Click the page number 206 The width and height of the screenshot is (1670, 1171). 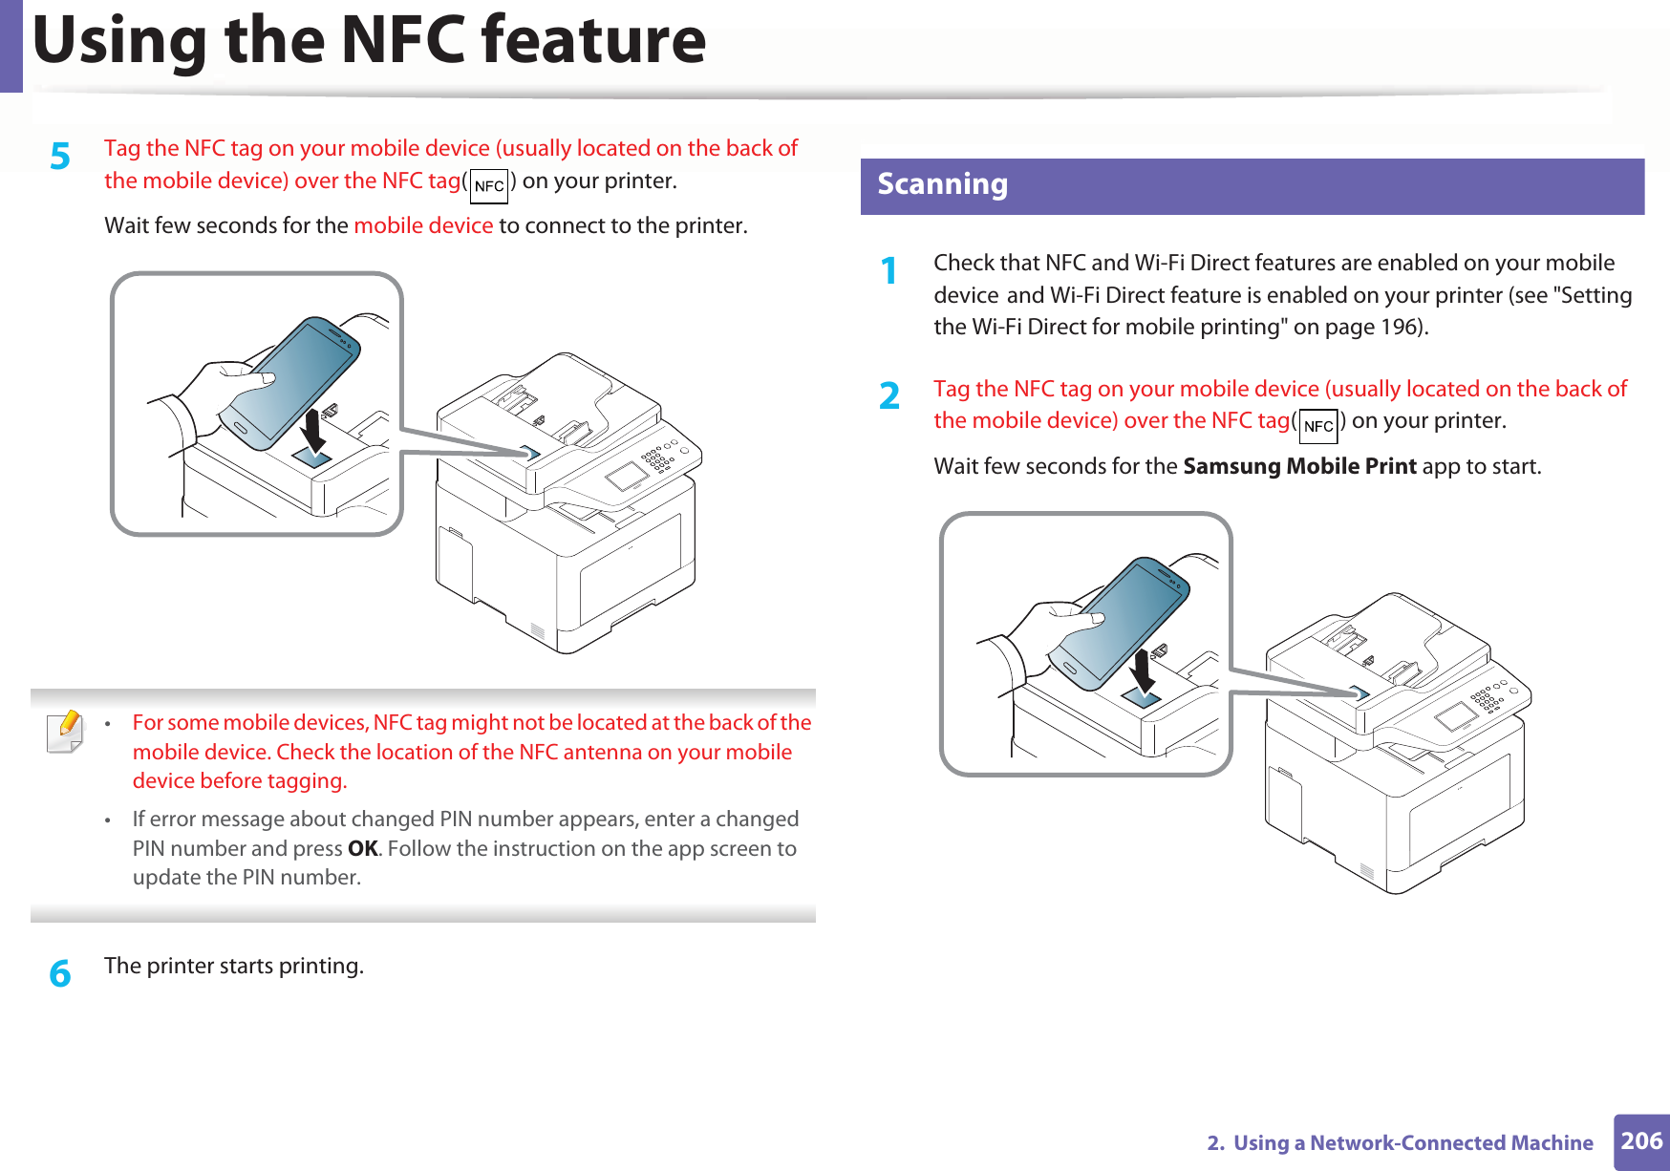tap(1641, 1140)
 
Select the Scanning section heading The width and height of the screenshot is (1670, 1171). tap(942, 184)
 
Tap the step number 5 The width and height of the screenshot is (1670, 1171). tap(60, 156)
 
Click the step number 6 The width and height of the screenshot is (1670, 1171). tap(60, 973)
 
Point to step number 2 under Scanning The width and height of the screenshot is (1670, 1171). tap(889, 395)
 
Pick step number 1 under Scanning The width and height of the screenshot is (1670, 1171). tap(889, 270)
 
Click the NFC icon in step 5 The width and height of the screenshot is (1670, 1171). tap(489, 186)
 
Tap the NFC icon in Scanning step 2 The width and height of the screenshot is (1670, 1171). tap(1318, 426)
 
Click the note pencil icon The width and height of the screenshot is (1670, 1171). tap(65, 732)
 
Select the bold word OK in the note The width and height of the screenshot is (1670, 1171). tap(362, 848)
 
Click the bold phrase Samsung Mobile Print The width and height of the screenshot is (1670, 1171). tap(1299, 466)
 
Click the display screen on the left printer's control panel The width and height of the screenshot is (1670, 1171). tap(626, 475)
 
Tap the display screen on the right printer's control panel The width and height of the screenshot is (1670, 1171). tap(1455, 714)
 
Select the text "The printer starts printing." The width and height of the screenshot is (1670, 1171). tap(234, 966)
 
